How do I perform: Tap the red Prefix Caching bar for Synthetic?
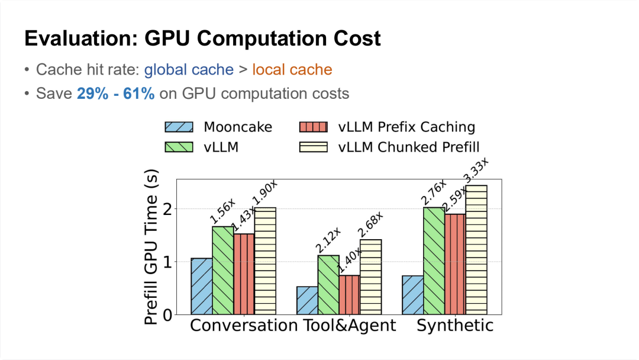(x=455, y=264)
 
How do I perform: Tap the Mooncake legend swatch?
(x=178, y=127)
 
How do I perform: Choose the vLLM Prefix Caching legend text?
(x=407, y=127)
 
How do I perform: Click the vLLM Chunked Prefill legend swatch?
(x=313, y=146)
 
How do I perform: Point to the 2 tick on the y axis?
(x=167, y=209)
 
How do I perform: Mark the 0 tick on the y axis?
(x=167, y=315)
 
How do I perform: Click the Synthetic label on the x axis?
(x=455, y=326)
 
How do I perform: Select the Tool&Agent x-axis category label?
(x=350, y=326)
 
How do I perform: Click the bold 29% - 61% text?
(x=115, y=94)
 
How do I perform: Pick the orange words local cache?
(x=292, y=70)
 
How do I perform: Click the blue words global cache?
(x=189, y=70)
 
